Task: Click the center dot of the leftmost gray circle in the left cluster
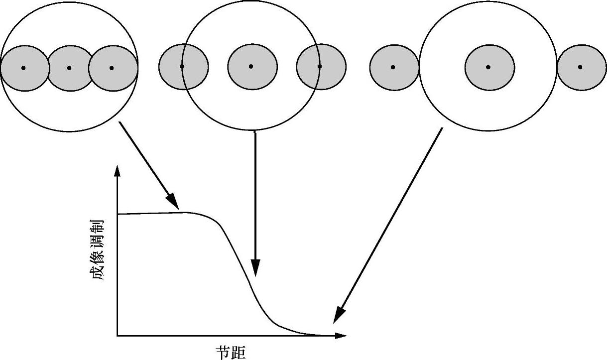click(x=23, y=68)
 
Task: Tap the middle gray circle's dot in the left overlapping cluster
click(x=69, y=68)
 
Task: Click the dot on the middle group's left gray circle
click(x=182, y=66)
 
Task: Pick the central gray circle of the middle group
click(x=252, y=67)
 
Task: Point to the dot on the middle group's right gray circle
click(x=320, y=66)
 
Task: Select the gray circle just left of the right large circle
click(x=393, y=67)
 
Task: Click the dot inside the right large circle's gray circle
click(x=488, y=67)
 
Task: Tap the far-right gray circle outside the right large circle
click(x=581, y=67)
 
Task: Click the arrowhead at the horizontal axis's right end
click(x=341, y=336)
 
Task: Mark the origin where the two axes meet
click(x=118, y=336)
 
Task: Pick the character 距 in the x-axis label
click(x=239, y=353)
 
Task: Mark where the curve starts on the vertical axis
click(x=118, y=214)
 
